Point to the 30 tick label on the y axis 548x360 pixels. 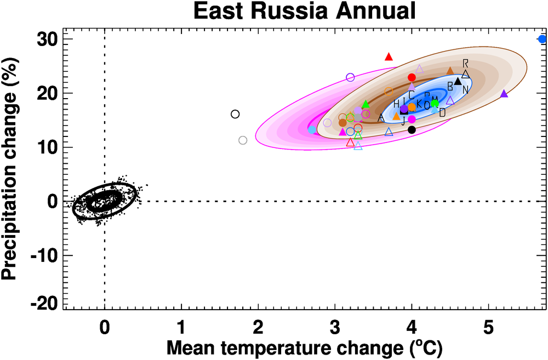[x=48, y=39]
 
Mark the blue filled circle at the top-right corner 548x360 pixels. [x=542, y=39]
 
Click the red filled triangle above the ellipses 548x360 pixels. [x=389, y=56]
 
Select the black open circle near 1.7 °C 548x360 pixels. [x=235, y=114]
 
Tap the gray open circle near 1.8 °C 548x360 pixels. [x=243, y=140]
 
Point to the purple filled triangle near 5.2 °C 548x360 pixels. [x=504, y=94]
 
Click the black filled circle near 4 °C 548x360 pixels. [x=412, y=130]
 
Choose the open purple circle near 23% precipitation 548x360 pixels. [x=351, y=77]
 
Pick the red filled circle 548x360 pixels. [x=412, y=77]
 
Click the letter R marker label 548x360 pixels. [x=465, y=63]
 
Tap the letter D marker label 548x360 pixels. [x=442, y=112]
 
